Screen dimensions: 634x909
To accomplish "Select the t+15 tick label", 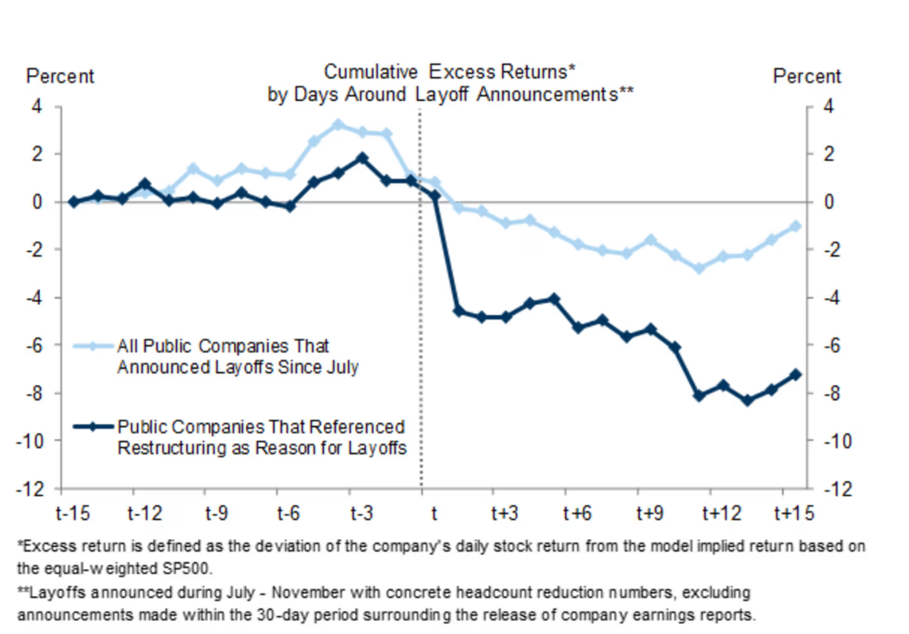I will [x=793, y=513].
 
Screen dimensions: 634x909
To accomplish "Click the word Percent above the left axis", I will [x=61, y=76].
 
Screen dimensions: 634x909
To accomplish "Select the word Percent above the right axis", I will [x=807, y=76].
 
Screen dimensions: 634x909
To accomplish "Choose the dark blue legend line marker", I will [x=93, y=427].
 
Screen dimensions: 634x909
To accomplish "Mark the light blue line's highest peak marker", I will [x=338, y=125].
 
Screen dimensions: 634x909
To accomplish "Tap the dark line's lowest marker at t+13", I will [x=747, y=400].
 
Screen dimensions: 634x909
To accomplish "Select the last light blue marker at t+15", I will [x=796, y=226].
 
